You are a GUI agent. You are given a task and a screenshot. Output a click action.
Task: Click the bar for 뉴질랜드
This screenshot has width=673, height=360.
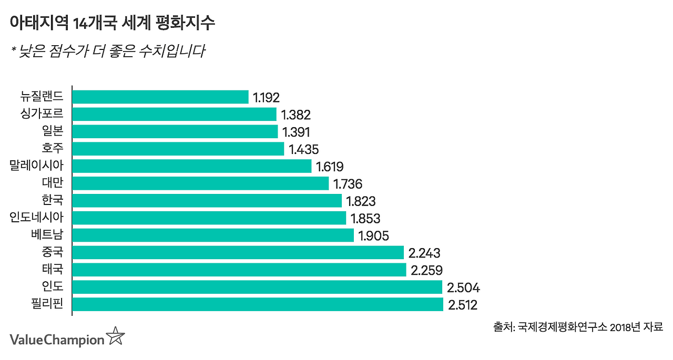pos(160,97)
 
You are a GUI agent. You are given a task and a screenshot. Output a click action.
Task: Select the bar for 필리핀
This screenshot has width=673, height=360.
pos(258,304)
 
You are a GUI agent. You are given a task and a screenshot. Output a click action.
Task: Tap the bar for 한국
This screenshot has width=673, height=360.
pos(207,201)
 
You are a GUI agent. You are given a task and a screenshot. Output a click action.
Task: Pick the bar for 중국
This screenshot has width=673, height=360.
pos(238,253)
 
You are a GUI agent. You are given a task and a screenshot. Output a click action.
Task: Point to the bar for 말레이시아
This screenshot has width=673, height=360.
pos(192,166)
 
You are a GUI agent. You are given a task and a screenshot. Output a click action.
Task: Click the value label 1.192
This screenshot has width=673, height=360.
pos(266,97)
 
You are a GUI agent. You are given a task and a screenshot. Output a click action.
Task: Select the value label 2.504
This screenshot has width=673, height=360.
pos(463,287)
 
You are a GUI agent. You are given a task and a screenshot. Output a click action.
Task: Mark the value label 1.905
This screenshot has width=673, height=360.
pos(373,235)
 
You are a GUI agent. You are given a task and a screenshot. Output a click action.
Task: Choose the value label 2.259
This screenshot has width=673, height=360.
pos(427,270)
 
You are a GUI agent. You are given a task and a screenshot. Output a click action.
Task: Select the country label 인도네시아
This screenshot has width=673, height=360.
pos(36,218)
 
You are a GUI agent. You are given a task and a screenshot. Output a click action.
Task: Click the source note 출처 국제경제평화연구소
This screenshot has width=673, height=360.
pos(578,326)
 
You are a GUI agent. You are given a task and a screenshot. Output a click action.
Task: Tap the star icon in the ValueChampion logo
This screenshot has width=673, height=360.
pos(116,336)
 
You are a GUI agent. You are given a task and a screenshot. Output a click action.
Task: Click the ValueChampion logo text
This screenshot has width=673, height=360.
pos(57,340)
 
